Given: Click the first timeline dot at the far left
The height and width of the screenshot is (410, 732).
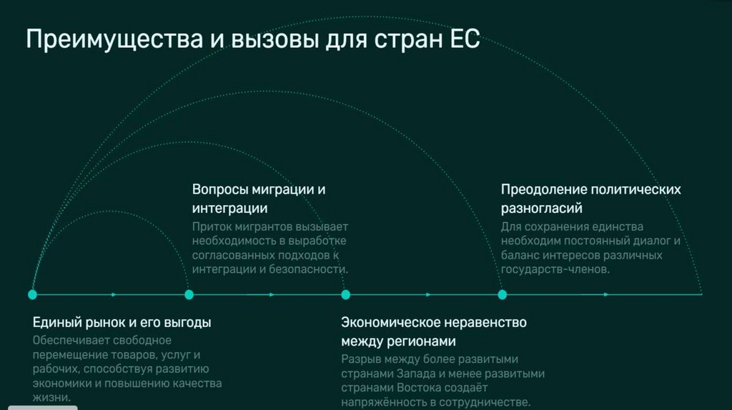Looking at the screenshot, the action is (x=32, y=294).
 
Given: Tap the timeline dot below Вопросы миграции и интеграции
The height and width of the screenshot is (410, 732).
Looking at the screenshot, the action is (x=189, y=294).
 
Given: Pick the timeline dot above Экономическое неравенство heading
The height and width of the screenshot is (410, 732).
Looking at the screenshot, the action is (x=346, y=294).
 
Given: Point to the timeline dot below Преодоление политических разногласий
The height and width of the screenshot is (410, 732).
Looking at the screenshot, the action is (x=503, y=294).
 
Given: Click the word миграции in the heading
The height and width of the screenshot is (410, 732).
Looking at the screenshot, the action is (x=283, y=190).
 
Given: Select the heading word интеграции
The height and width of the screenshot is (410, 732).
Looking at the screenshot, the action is (x=229, y=209).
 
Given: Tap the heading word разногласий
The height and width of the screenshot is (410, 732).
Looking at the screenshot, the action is (x=541, y=209).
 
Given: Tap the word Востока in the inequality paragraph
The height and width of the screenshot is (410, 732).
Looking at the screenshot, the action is (x=405, y=388).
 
